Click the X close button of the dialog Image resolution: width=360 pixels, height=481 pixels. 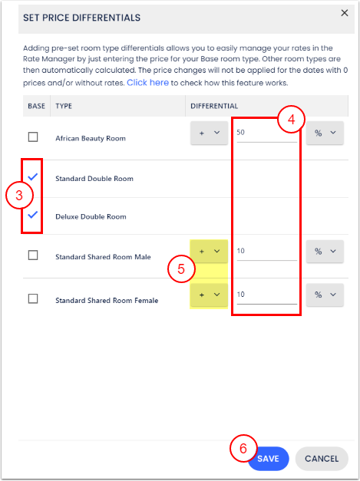pos(345,13)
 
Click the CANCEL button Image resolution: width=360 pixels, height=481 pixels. pos(322,459)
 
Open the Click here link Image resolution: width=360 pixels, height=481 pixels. pos(147,83)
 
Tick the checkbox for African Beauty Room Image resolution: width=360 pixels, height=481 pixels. pos(33,137)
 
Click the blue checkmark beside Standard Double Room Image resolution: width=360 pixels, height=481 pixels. pos(32,176)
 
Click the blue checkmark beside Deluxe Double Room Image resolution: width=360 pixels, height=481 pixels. pos(32,215)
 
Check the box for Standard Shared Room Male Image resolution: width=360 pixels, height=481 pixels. pos(33,255)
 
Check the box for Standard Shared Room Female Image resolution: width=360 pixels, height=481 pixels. pos(33,298)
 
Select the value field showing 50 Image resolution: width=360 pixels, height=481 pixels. pos(266,133)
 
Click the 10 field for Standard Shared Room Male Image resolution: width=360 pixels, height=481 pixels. pos(266,251)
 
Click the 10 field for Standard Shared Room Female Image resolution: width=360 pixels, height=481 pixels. pos(266,295)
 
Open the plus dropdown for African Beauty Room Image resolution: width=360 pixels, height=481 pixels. pos(209,133)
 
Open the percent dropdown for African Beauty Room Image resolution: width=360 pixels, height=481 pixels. pos(325,133)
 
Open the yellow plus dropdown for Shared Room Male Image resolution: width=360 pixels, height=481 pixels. pos(209,251)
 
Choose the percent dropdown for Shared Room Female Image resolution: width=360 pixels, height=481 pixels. pos(325,295)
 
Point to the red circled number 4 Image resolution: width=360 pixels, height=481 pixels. pos(291,120)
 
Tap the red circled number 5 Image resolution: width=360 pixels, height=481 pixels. pos(181,269)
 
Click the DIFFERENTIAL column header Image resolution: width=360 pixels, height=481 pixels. pos(214,106)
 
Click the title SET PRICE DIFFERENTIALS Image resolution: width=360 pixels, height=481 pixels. pos(81,18)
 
